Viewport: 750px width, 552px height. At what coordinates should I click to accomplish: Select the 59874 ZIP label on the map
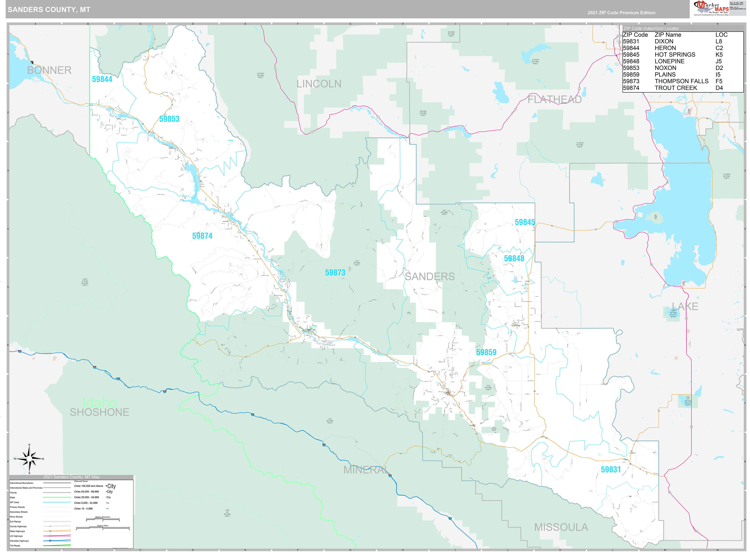pyautogui.click(x=202, y=236)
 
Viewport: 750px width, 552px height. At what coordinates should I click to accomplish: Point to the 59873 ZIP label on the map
pyautogui.click(x=335, y=273)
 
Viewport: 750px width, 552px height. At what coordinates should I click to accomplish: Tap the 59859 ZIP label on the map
pyautogui.click(x=486, y=352)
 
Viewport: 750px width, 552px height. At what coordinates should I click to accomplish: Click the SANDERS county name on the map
pyautogui.click(x=430, y=277)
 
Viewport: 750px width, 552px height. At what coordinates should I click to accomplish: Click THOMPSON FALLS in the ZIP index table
pyautogui.click(x=681, y=81)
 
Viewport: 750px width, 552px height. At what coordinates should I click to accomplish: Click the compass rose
pyautogui.click(x=29, y=459)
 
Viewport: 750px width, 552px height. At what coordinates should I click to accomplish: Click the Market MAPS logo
pyautogui.click(x=712, y=8)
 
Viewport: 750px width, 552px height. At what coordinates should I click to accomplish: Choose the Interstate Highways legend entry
pyautogui.click(x=19, y=541)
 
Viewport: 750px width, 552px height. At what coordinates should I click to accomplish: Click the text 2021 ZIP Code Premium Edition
pyautogui.click(x=621, y=13)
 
